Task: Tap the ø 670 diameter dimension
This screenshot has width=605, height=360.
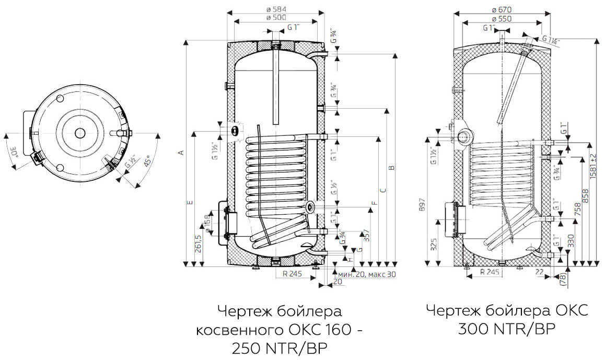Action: pyautogui.click(x=502, y=9)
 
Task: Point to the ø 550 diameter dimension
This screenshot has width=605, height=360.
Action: pyautogui.click(x=502, y=18)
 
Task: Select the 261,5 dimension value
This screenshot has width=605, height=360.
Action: pyautogui.click(x=198, y=244)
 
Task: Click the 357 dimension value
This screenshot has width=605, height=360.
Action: pyautogui.click(x=366, y=236)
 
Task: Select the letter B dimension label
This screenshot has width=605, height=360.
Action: pyautogui.click(x=391, y=168)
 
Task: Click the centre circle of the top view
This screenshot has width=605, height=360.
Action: pyautogui.click(x=79, y=132)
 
